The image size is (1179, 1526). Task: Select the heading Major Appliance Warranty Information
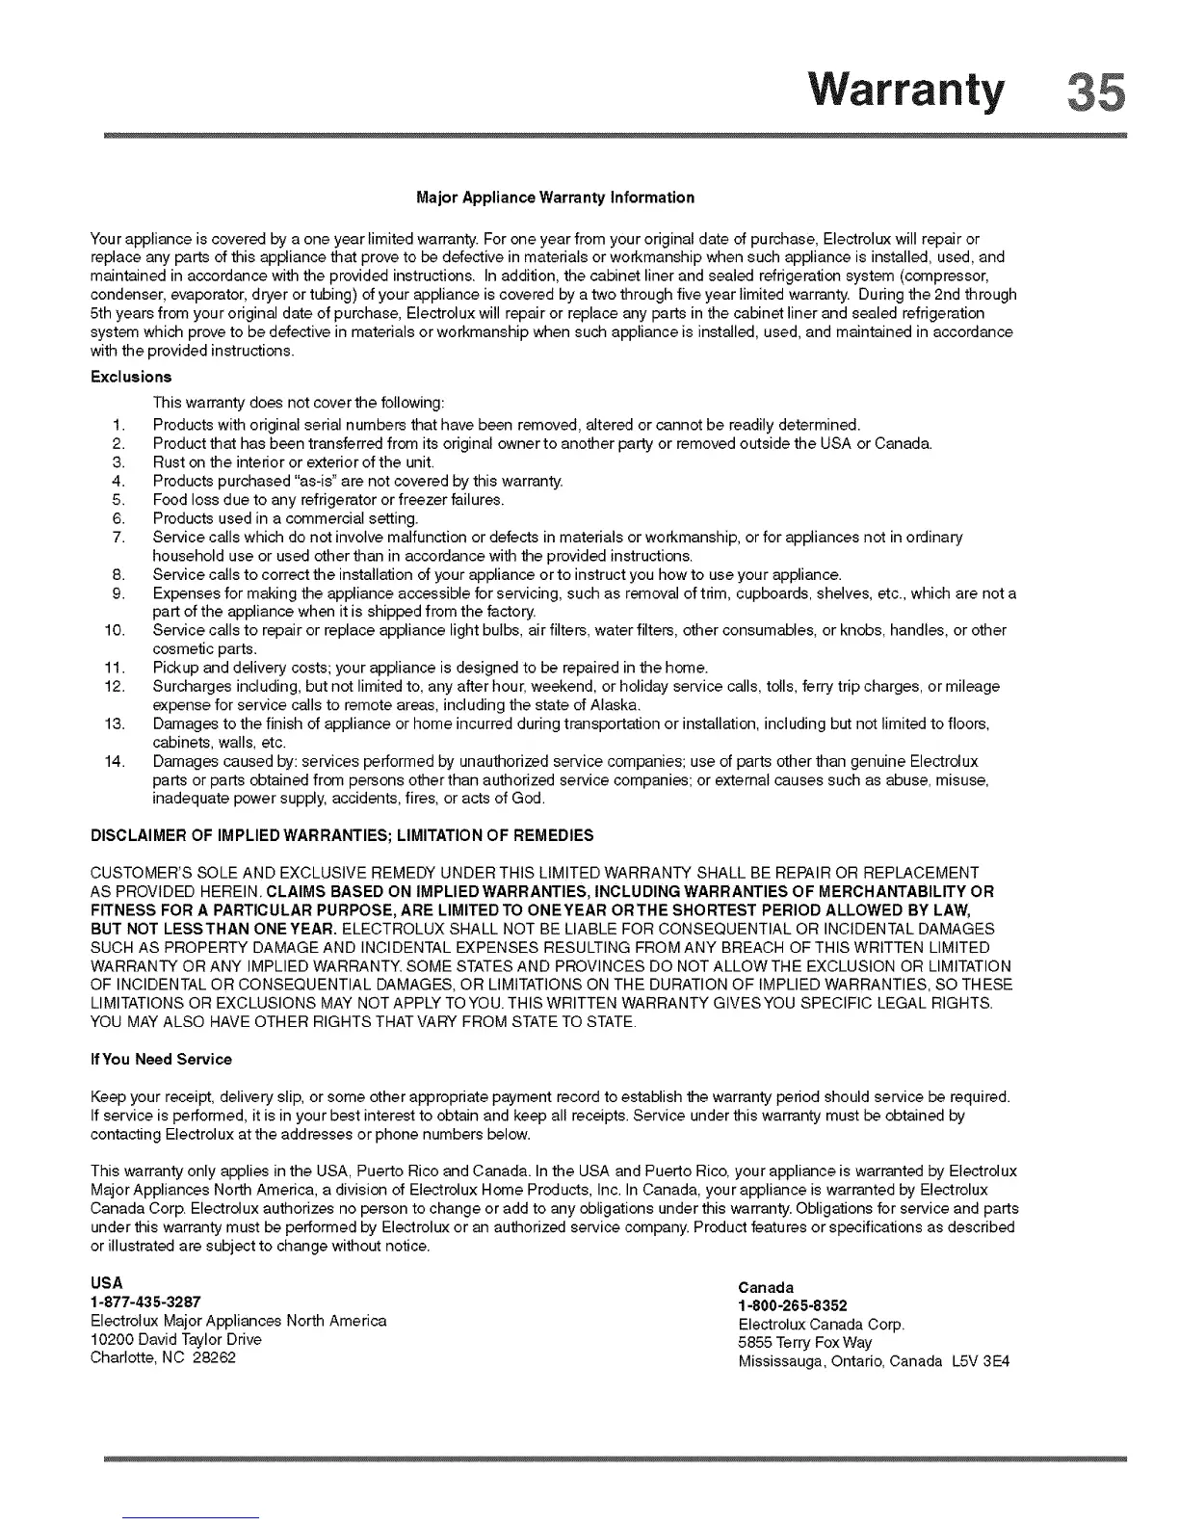pyautogui.click(x=555, y=197)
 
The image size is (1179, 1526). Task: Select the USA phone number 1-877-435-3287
pyautogui.click(x=145, y=1302)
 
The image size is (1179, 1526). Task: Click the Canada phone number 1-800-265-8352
pyautogui.click(x=793, y=1306)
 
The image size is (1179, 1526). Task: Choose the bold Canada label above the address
pyautogui.click(x=766, y=1288)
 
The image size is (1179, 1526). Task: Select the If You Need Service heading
pyautogui.click(x=161, y=1060)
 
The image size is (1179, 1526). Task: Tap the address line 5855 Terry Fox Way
pyautogui.click(x=805, y=1343)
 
